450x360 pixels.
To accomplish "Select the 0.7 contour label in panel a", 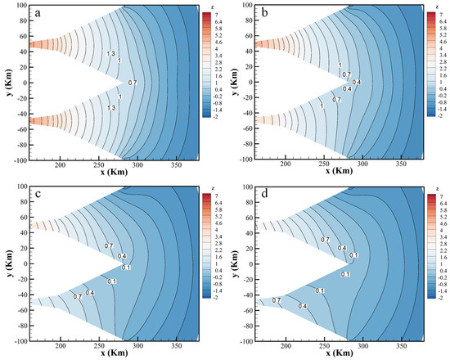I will tap(133, 83).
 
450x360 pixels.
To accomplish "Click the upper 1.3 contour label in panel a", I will tap(111, 54).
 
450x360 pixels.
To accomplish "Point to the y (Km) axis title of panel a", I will tap(7, 83).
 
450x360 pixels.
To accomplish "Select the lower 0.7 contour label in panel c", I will tap(78, 297).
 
